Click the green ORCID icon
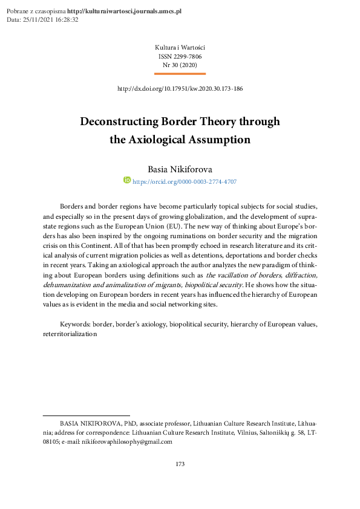coord(127,180)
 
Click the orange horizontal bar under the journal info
coord(180,73)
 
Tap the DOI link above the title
coord(180,89)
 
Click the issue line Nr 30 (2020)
coord(180,63)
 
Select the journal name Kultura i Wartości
coord(180,47)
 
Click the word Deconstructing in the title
coord(118,121)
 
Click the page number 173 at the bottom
coord(180,464)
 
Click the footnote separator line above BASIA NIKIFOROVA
coord(87,415)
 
